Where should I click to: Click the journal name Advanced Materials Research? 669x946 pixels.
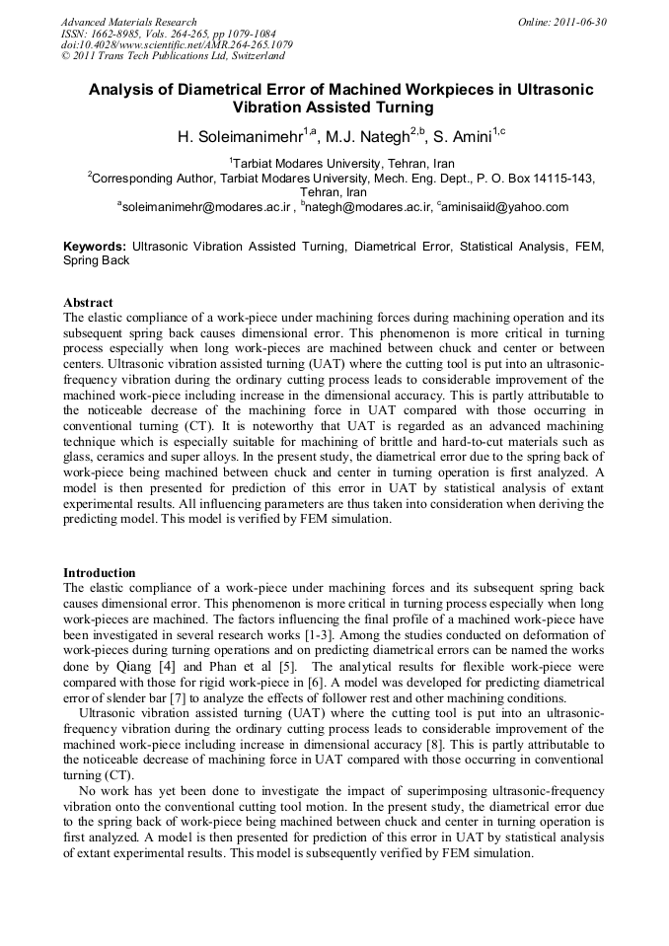129,22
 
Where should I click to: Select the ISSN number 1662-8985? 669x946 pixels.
121,34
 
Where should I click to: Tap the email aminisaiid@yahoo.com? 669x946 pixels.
506,207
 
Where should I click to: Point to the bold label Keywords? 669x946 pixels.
95,245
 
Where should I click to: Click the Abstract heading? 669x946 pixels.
88,302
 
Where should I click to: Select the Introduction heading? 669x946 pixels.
100,572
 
